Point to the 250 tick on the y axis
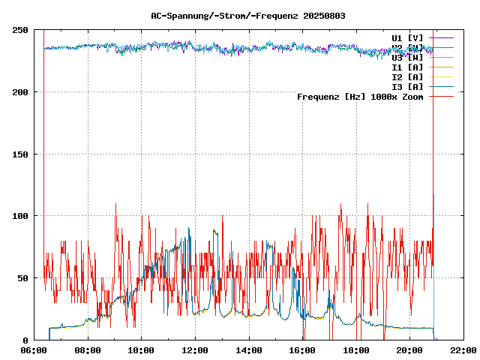click(20, 30)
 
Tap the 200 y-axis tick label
click(20, 92)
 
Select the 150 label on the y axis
click(20, 154)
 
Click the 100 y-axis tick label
click(20, 216)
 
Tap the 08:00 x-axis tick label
click(88, 350)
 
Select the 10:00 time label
click(141, 350)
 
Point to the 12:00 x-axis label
click(195, 350)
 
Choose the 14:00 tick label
click(248, 350)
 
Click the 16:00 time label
click(302, 350)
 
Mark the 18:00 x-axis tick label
click(355, 350)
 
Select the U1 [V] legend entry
click(407, 37)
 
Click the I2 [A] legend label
click(407, 76)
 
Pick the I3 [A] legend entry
click(407, 86)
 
